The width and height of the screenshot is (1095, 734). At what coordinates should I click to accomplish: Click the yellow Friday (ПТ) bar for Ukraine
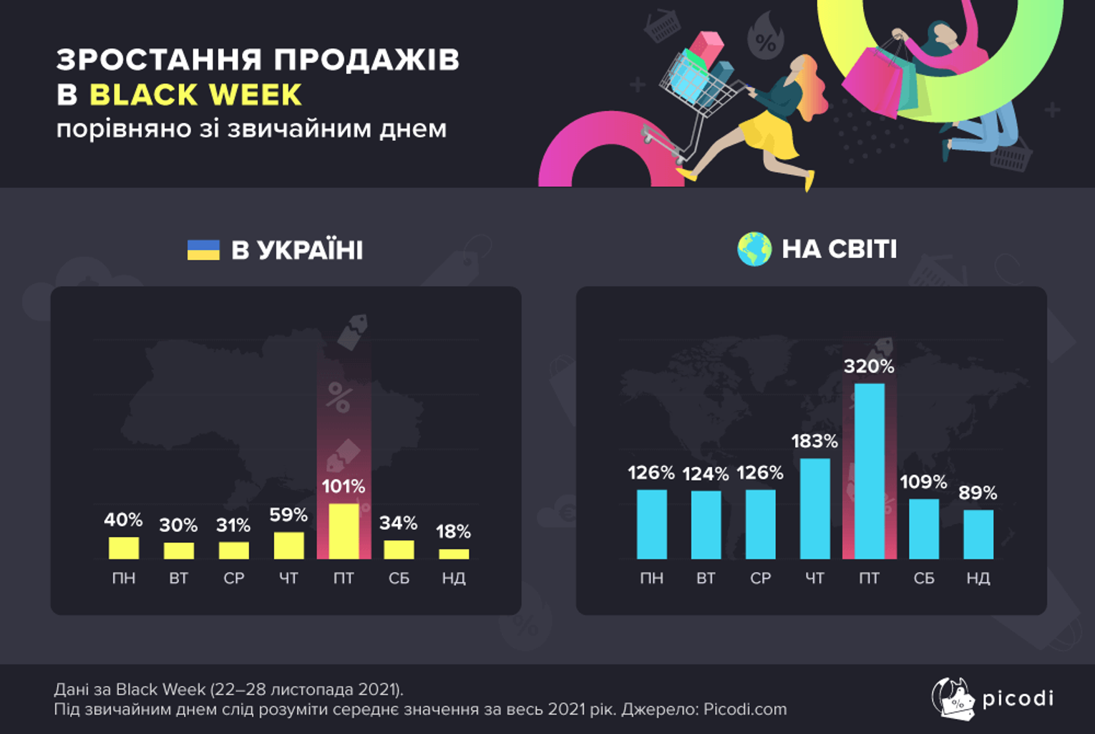344,531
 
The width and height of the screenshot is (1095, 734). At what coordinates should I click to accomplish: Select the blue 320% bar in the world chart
869,471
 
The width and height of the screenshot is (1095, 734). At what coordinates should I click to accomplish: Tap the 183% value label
814,441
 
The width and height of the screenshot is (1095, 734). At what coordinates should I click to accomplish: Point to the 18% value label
453,531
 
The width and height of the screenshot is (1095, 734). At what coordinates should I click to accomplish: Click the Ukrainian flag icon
203,250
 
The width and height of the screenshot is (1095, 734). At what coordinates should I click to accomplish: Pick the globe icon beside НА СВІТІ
754,249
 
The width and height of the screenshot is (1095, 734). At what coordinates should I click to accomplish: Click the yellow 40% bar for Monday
124,548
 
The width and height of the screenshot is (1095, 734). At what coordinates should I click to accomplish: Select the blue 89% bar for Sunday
978,534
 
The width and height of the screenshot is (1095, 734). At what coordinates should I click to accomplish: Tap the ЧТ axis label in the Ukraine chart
288,578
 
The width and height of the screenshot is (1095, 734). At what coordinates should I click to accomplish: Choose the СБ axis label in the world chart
924,578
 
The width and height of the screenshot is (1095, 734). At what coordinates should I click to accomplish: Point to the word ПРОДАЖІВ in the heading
366,59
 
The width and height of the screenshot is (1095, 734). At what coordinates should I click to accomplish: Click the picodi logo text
1018,698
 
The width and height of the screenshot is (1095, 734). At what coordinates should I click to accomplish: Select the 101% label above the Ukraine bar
343,486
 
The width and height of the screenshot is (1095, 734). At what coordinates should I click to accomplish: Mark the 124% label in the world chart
706,474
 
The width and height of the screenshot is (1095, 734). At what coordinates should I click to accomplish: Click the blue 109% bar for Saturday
924,529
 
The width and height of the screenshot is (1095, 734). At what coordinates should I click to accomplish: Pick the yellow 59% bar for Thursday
289,545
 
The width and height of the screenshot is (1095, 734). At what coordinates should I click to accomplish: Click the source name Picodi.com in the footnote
745,709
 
